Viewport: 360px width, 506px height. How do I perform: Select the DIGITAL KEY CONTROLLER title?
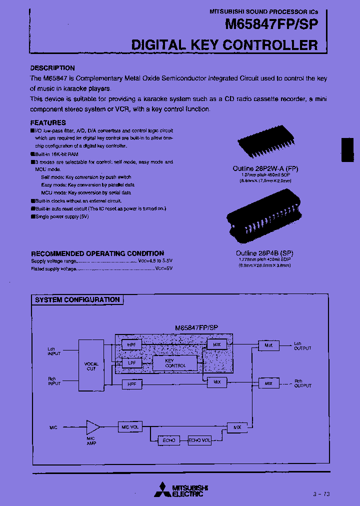(224, 45)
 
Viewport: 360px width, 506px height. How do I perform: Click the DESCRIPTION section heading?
(52, 68)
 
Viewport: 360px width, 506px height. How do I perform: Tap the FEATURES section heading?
(48, 122)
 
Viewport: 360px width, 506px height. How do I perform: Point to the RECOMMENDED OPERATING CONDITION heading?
(97, 253)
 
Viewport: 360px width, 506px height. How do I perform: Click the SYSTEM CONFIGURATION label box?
(77, 300)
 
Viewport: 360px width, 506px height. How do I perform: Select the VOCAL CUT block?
(91, 365)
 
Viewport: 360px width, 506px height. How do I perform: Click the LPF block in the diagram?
(132, 363)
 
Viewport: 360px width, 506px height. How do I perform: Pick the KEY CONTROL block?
(175, 363)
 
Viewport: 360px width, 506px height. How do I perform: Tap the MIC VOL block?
(130, 427)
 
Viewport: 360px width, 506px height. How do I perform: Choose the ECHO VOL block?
(199, 440)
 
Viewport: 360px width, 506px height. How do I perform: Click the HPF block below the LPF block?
(132, 383)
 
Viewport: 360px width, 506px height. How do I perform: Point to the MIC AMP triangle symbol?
(92, 427)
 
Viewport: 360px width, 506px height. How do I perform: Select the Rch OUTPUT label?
(302, 383)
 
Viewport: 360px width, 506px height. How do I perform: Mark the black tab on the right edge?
(347, 150)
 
